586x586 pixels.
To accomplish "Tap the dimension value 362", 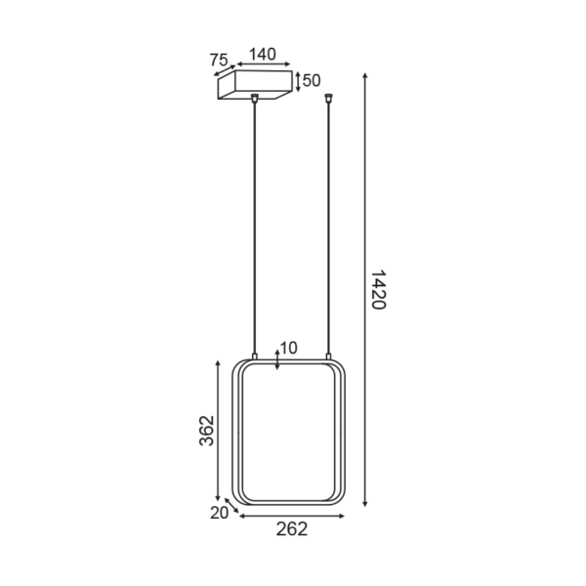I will [206, 431].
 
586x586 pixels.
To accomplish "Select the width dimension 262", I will [291, 529].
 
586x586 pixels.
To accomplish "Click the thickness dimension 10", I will [289, 348].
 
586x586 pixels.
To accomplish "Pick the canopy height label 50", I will [312, 80].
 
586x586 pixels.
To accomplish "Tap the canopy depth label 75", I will [218, 61].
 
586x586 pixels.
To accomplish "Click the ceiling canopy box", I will [254, 86].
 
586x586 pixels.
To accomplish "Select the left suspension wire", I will [255, 225].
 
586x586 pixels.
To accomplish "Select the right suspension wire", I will [330, 225].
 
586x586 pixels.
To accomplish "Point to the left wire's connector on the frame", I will [255, 356].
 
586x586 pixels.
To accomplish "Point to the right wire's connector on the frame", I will [330, 356].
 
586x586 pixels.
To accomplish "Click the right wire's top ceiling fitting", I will [330, 97].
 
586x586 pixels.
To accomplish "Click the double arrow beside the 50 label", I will [298, 80].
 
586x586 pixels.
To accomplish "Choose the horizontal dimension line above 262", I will [291, 514].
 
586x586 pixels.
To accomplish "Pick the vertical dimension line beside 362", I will [219, 431].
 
